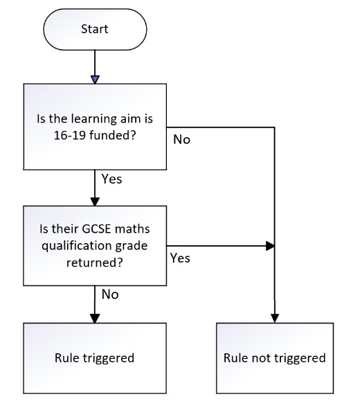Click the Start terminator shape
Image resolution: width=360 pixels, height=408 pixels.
click(x=95, y=29)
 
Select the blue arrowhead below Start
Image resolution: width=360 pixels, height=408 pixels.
click(x=95, y=80)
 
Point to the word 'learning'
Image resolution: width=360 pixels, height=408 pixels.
click(x=94, y=119)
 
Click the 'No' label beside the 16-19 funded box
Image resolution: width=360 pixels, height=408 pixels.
click(x=181, y=139)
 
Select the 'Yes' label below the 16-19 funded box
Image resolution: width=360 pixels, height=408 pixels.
click(x=111, y=179)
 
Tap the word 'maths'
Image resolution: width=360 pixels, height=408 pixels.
click(x=132, y=229)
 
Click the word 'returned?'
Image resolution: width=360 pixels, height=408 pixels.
click(x=94, y=263)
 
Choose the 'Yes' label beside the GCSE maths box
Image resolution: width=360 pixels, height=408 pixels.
click(x=180, y=258)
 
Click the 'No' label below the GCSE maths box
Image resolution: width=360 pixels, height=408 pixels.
click(x=110, y=294)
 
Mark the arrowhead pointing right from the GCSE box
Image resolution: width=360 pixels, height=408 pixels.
click(x=271, y=246)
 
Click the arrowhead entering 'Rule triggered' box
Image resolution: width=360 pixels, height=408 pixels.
click(x=95, y=319)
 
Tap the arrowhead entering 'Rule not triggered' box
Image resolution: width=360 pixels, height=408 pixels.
click(x=275, y=319)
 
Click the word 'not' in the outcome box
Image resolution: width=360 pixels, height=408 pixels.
click(x=262, y=358)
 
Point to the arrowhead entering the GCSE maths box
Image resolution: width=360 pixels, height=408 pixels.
click(x=95, y=202)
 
